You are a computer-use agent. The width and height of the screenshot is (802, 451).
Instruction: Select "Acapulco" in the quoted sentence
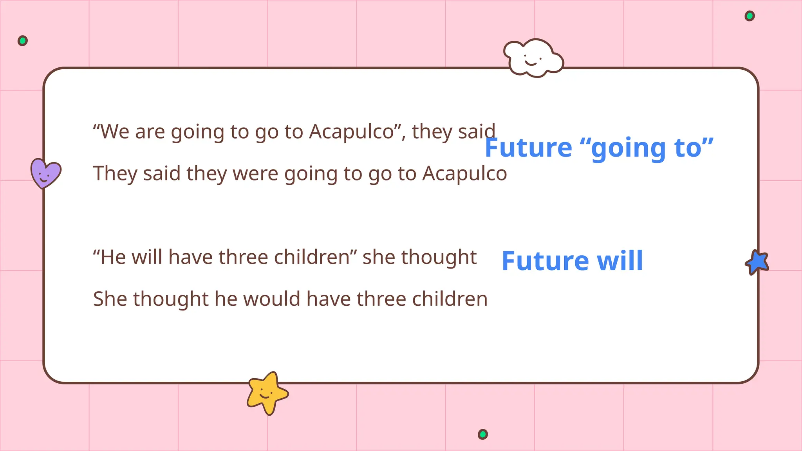point(351,132)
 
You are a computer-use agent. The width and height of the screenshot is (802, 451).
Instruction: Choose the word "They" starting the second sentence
point(115,173)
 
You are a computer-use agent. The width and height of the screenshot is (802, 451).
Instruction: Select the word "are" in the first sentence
point(150,132)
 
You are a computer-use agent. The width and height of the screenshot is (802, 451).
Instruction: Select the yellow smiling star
point(267,392)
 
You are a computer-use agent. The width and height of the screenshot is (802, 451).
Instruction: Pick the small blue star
point(757,262)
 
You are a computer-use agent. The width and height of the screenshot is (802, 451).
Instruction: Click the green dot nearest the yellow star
point(483,434)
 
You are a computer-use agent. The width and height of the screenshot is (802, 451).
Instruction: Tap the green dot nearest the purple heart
point(23,41)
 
